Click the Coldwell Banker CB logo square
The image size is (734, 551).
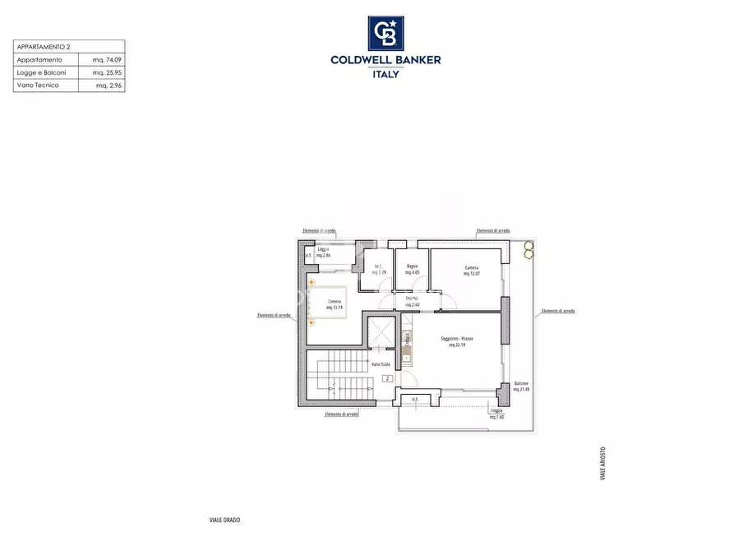(x=385, y=34)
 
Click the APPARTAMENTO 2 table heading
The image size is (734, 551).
(x=44, y=47)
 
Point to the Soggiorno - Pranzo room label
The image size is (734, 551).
(x=457, y=342)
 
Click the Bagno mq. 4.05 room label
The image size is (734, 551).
(x=412, y=269)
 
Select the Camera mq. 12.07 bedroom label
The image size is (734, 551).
(x=471, y=271)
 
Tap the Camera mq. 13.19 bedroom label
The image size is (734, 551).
(x=335, y=303)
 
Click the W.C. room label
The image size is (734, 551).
(x=378, y=269)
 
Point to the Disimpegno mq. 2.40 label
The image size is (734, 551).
(x=412, y=302)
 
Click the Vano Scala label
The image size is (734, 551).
(x=381, y=363)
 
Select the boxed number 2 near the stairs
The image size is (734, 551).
(x=386, y=379)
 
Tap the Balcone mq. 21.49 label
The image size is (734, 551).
(x=521, y=387)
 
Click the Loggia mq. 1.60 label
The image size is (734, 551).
(x=496, y=414)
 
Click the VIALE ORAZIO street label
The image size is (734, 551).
(x=224, y=520)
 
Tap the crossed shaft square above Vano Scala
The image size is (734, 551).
(x=381, y=335)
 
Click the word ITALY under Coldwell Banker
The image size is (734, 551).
(x=385, y=74)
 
